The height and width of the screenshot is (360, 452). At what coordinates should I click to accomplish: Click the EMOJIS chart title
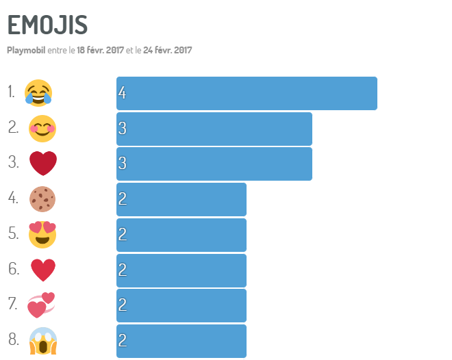[47, 25]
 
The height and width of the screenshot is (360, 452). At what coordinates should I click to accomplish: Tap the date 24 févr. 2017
[168, 50]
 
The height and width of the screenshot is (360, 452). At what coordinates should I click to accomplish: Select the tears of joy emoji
[38, 92]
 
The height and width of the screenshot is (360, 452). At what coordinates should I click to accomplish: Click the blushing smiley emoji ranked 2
[42, 128]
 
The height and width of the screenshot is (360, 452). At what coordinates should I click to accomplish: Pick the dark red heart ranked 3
[42, 164]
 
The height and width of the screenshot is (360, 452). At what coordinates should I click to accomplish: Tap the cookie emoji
[42, 199]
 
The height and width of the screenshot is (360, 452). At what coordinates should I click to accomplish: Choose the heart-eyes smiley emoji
[42, 234]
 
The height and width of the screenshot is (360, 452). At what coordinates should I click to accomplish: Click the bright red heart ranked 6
[42, 270]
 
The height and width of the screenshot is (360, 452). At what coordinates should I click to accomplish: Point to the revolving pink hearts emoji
[41, 305]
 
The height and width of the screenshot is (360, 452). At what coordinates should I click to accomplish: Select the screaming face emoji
[42, 341]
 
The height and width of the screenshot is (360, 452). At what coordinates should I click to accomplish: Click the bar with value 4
[247, 93]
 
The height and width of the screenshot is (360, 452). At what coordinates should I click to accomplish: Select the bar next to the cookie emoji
[181, 199]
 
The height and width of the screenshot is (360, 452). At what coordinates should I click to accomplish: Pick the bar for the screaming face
[181, 341]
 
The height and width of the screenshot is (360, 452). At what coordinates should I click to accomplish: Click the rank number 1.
[12, 92]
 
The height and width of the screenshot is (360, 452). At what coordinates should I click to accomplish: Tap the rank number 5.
[13, 233]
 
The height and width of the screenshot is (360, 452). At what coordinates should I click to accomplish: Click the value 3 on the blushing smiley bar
[122, 129]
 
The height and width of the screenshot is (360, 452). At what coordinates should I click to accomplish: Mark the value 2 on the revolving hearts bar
[122, 306]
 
